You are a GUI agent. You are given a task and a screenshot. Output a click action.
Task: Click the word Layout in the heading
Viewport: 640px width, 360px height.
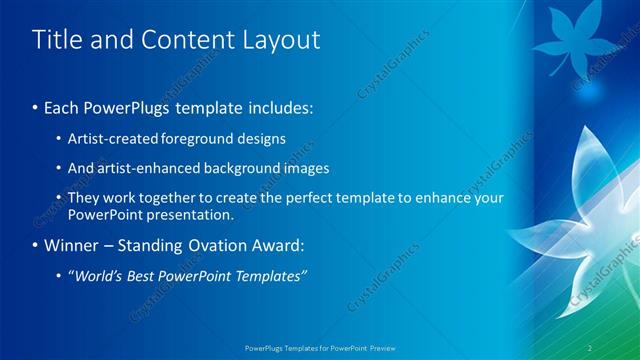(283, 40)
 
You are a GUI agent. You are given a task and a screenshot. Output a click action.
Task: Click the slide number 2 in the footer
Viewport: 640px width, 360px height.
(590, 347)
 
